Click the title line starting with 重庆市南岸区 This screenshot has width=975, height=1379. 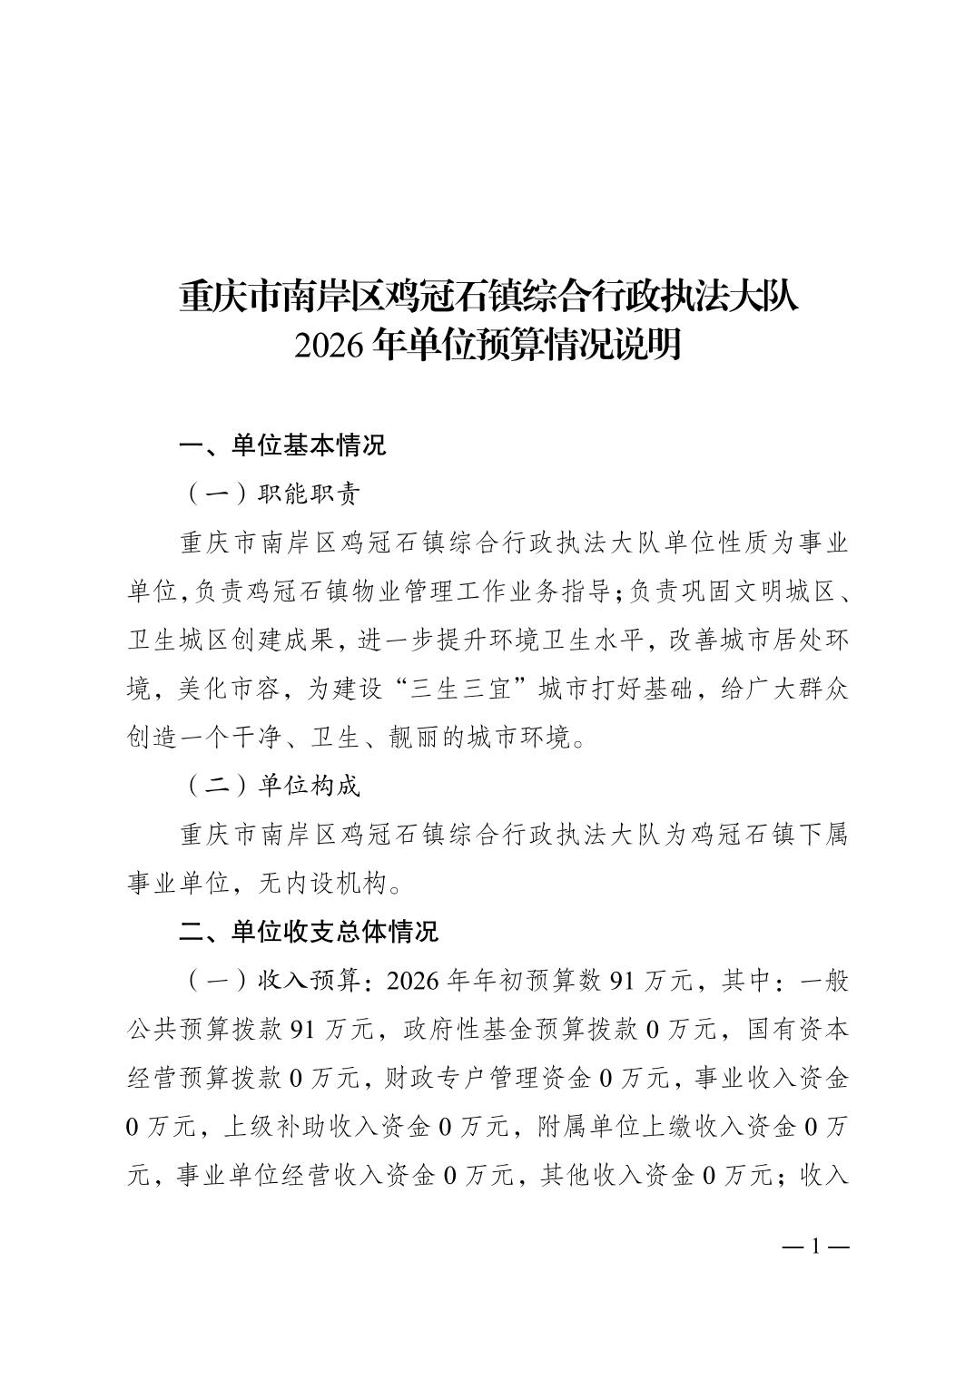point(487,297)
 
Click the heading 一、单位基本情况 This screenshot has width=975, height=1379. point(283,445)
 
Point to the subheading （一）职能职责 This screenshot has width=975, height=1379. point(272,494)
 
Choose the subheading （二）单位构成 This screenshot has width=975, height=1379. point(272,786)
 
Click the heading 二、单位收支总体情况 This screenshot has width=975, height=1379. point(309,931)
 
